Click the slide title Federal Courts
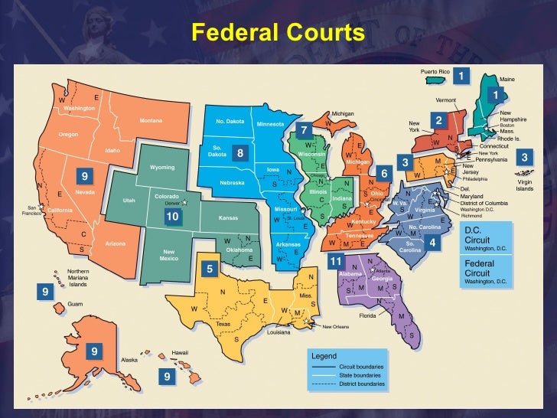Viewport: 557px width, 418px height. [278, 33]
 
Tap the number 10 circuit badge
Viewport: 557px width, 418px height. [172, 217]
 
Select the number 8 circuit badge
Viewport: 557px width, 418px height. [240, 153]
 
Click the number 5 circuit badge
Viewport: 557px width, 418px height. [209, 269]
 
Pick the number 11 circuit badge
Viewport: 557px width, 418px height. [334, 262]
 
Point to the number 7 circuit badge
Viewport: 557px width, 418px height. [304, 130]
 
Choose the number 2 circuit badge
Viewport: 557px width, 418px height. [438, 120]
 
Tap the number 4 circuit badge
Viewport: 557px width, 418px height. [432, 243]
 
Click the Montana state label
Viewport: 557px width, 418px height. [151, 121]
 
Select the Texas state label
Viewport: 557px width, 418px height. [223, 324]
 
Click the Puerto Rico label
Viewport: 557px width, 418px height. [435, 71]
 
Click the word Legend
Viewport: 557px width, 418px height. [324, 356]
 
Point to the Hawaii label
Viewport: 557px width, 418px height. [179, 353]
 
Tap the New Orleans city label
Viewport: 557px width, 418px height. [335, 327]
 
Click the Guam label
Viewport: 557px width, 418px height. [75, 304]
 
